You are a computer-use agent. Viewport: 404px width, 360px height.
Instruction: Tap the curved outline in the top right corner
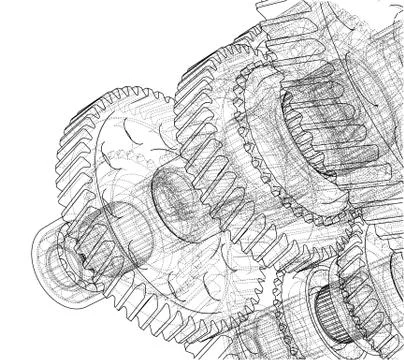385,20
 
